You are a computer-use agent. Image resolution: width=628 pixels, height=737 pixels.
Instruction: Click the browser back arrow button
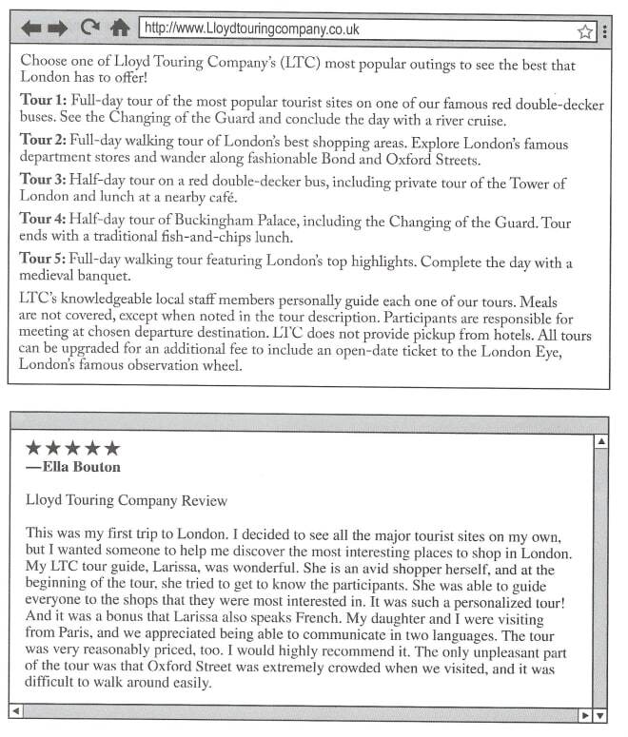tap(31, 29)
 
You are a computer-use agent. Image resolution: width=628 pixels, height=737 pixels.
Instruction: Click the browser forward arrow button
tap(58, 29)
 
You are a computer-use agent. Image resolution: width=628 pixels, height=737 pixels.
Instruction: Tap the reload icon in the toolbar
tap(89, 29)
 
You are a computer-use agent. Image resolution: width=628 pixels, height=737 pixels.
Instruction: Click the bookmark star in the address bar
tap(585, 31)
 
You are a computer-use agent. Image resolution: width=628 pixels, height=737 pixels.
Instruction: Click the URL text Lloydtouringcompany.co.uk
tap(251, 29)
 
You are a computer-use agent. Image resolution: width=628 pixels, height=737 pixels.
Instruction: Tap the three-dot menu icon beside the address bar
tap(605, 31)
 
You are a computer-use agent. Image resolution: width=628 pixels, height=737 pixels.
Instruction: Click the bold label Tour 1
tap(43, 99)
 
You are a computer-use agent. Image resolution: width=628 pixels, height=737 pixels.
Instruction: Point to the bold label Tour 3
tap(43, 184)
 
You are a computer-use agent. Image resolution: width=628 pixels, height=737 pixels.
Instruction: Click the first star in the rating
tap(35, 447)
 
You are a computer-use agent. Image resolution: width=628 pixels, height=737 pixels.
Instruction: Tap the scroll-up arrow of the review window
tap(600, 441)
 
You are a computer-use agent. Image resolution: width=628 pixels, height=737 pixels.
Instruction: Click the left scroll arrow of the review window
tap(15, 711)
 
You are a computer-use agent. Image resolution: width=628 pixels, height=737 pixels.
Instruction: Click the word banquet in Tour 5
tap(102, 276)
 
